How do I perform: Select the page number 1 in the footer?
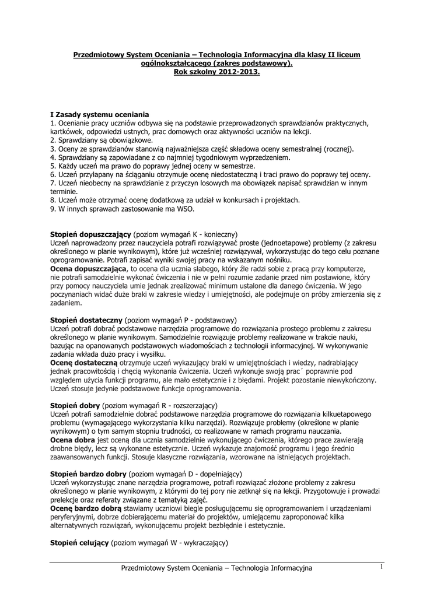(381, 567)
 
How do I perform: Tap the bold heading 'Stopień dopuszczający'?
(90, 233)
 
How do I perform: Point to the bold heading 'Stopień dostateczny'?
(86, 320)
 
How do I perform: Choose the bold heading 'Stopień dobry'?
(75, 405)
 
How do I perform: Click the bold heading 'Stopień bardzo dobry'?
(88, 474)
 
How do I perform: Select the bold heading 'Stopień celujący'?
(79, 543)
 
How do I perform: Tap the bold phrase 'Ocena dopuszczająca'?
(89, 268)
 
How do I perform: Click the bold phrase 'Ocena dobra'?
(73, 440)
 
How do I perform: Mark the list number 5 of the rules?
(53, 166)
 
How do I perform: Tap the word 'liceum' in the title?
(347, 55)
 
